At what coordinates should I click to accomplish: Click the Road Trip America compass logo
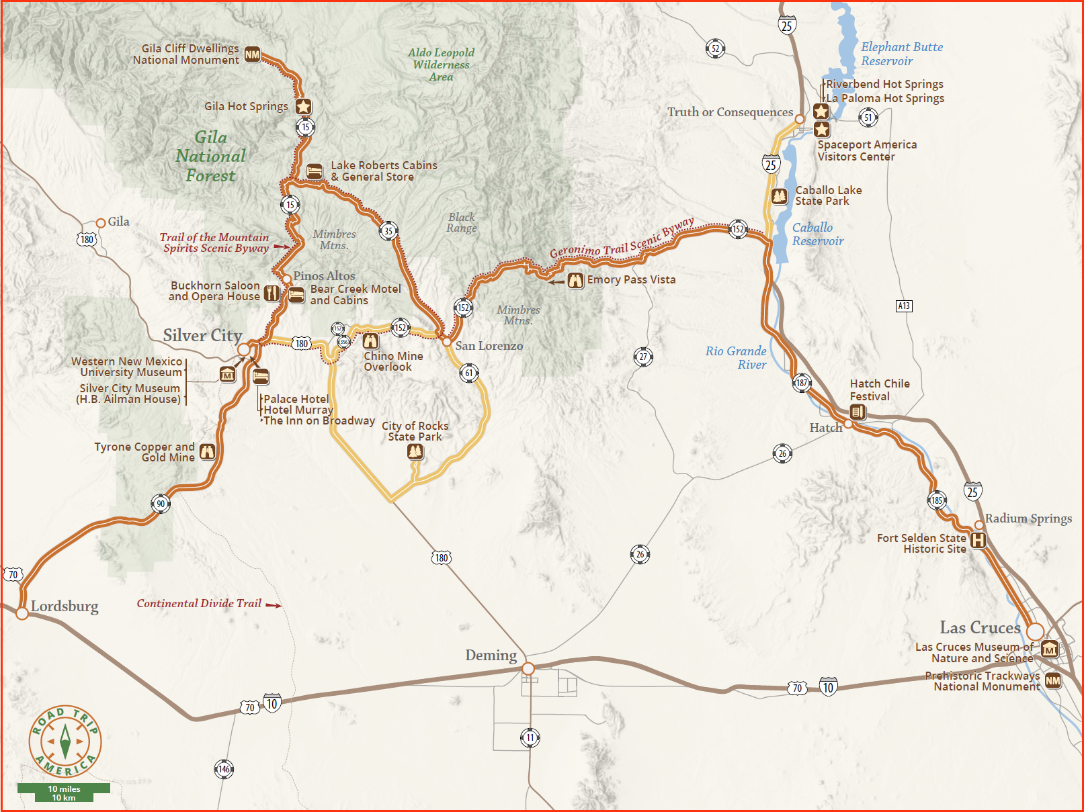point(65,741)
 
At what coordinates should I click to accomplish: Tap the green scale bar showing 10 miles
point(64,793)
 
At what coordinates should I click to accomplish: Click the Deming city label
point(491,655)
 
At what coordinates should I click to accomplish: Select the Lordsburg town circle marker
point(22,613)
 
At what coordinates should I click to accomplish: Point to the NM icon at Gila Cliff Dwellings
point(253,54)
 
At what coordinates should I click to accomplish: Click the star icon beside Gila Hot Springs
point(303,106)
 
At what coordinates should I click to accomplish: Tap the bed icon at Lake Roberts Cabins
point(314,171)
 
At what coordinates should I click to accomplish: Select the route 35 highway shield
point(388,231)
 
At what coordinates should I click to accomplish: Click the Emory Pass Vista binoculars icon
point(575,280)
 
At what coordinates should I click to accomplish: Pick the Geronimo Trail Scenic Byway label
point(621,239)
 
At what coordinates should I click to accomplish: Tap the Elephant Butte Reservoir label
point(901,54)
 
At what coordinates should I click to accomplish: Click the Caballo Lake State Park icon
point(779,196)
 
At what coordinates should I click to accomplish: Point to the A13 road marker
point(904,306)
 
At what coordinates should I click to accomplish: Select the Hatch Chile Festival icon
point(858,412)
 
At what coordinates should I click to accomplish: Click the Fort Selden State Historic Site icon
point(978,540)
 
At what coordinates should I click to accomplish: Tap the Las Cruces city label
point(980,628)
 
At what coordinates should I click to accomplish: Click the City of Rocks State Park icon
point(415,452)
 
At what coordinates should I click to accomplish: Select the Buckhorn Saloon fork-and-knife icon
point(272,293)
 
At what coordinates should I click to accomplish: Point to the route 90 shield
point(161,504)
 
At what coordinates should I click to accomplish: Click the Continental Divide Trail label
point(199,604)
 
